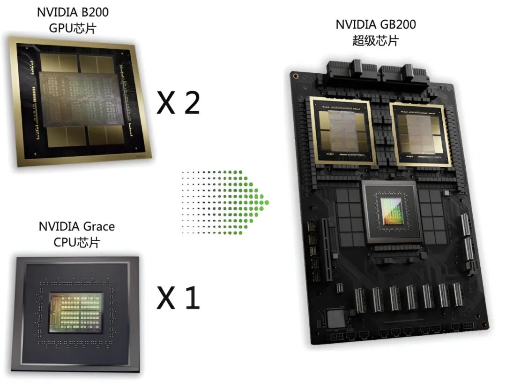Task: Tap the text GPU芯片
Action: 73,28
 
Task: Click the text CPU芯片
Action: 77,242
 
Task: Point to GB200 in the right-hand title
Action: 398,24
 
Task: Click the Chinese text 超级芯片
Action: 375,41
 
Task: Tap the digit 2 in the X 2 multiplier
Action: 193,102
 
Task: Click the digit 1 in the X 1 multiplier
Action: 192,298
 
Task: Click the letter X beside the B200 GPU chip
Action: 166,102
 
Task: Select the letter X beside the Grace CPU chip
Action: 166,298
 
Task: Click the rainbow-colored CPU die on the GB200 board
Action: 392,211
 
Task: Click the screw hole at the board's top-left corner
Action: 295,76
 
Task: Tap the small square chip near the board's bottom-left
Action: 336,317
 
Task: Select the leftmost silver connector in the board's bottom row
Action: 360,300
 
